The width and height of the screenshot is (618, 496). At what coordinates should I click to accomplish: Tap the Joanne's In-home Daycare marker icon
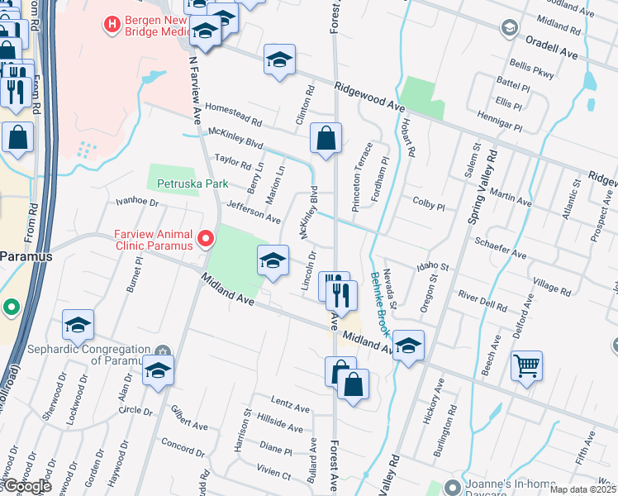coord(450,486)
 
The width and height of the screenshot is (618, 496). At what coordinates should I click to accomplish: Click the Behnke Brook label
coord(380,303)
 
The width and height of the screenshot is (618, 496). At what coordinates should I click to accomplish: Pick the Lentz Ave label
coord(290,408)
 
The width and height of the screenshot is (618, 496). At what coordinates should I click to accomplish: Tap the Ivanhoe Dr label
coord(137,201)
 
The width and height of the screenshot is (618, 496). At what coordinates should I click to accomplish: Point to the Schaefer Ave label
coord(501,250)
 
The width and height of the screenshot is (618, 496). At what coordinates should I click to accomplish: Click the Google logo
coord(26,486)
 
